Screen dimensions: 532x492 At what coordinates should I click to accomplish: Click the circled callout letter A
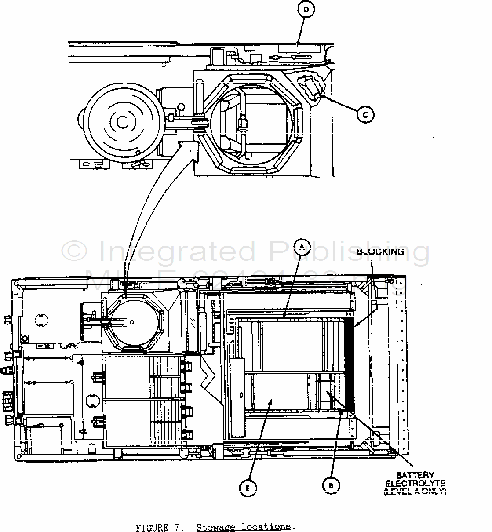tap(302, 248)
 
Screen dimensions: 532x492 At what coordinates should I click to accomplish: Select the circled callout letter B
tap(331, 485)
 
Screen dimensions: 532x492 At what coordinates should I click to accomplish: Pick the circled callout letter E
tap(248, 488)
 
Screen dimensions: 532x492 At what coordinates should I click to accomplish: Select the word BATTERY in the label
tap(415, 475)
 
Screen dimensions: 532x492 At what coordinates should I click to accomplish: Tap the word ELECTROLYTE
tap(415, 483)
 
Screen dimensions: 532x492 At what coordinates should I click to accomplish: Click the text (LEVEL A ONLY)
tap(415, 492)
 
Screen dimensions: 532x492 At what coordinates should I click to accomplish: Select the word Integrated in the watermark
tap(175, 252)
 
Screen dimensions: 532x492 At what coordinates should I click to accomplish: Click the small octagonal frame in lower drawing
tap(135, 324)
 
